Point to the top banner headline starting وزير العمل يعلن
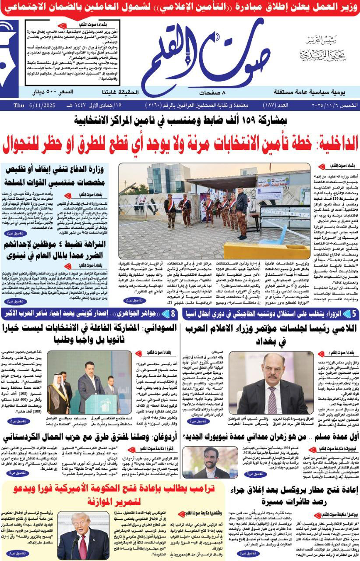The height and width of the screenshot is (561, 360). click(x=180, y=7)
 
